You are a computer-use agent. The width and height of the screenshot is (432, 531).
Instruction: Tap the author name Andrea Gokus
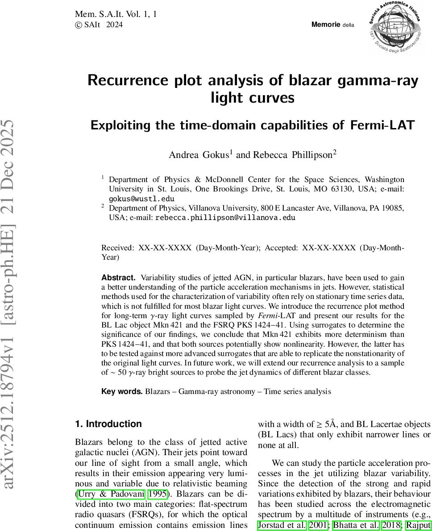[199, 155]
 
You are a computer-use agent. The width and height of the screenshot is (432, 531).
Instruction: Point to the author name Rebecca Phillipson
[293, 155]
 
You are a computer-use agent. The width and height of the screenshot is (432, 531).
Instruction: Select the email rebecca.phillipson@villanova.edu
[225, 217]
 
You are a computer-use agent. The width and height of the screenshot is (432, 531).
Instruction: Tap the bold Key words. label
[122, 391]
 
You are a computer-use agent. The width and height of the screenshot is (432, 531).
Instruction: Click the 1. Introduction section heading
[108, 424]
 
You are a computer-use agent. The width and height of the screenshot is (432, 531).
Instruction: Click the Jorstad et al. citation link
[282, 525]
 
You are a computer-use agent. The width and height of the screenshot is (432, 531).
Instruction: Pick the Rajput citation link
[418, 525]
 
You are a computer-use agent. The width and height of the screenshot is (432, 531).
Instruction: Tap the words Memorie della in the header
[332, 25]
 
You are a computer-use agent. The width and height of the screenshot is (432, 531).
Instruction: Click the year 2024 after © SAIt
[114, 25]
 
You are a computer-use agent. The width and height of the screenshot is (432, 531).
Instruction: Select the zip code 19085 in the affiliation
[393, 208]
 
